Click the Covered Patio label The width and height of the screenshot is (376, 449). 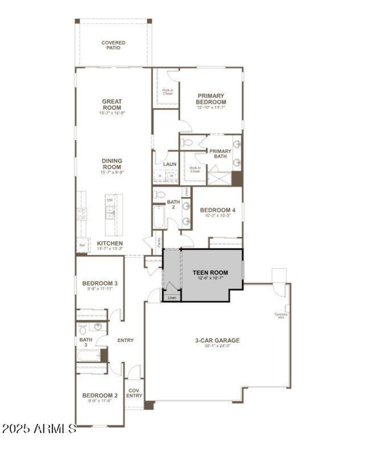113,45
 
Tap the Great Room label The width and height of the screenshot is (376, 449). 112,105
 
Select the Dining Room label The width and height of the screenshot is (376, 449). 112,164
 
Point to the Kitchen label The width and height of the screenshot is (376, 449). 110,243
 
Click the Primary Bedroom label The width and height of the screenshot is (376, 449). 211,99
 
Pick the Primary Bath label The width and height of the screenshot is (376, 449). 220,154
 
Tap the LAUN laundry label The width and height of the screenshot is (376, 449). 170,164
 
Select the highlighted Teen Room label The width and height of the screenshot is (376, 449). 210,272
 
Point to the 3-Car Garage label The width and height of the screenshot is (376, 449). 218,341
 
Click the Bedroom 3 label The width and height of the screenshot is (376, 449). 100,283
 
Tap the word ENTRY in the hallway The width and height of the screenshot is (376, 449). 125,341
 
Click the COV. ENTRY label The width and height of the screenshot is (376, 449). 134,393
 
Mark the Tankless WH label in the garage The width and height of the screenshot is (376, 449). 282,316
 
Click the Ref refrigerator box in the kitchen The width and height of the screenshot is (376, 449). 82,245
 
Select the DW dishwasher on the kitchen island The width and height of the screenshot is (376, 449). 110,200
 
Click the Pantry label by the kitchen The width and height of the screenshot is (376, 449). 159,242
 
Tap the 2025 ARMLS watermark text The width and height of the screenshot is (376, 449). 39,429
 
